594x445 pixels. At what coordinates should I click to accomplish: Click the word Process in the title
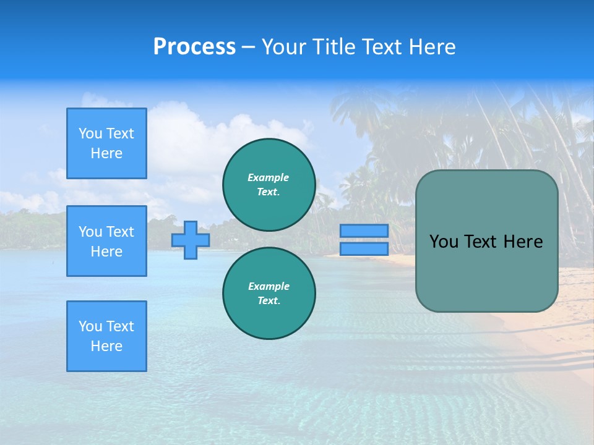coord(194,47)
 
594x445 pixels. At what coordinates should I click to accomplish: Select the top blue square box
coord(106,143)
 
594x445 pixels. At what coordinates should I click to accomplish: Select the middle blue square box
coord(106,241)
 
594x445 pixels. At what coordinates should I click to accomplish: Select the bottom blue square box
coord(106,336)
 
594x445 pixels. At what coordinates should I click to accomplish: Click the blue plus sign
coord(191,240)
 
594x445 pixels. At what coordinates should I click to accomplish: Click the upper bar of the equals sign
coord(364,231)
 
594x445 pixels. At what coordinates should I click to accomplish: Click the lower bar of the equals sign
coord(364,249)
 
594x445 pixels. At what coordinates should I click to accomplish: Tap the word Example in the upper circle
coord(269,177)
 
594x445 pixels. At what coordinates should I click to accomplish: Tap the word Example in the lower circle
coord(269,286)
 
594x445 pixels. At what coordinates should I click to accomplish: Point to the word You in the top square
coord(90,133)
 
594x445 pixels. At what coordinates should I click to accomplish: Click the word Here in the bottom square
coord(106,346)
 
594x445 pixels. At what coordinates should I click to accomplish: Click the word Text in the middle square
coord(119,232)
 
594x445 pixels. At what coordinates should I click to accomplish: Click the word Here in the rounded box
coord(523,242)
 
